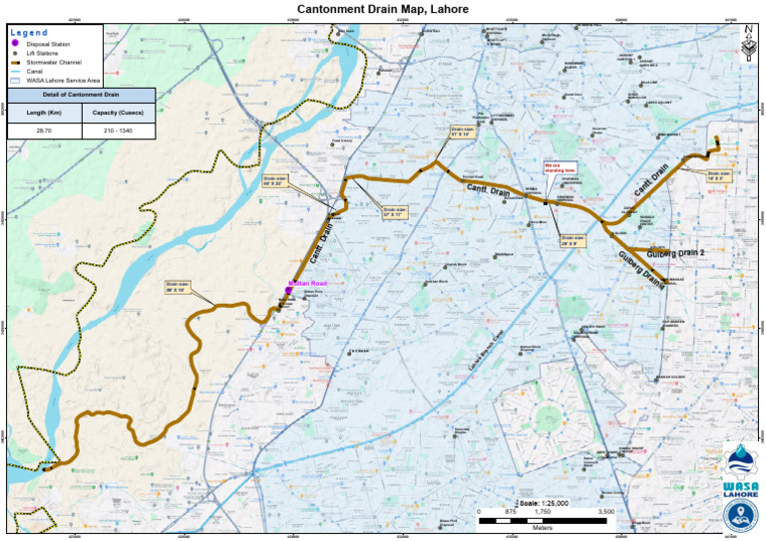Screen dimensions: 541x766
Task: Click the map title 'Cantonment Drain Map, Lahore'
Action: coord(383,9)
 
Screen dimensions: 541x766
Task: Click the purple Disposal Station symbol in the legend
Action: coord(17,45)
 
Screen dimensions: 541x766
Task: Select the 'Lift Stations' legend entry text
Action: coord(51,54)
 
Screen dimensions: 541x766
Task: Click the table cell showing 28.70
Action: coord(44,131)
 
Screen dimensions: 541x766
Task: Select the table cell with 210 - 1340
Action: coord(118,131)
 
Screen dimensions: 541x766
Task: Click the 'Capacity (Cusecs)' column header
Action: coord(118,113)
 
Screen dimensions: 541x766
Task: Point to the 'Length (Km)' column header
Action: coord(44,113)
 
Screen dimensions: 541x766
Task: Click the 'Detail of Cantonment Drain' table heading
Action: coord(81,95)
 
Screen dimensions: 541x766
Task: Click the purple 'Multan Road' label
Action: coord(307,284)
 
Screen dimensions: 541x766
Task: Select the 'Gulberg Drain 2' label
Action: coord(675,253)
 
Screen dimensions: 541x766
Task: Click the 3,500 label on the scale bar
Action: coord(605,511)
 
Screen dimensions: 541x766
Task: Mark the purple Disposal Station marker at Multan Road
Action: coord(287,291)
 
